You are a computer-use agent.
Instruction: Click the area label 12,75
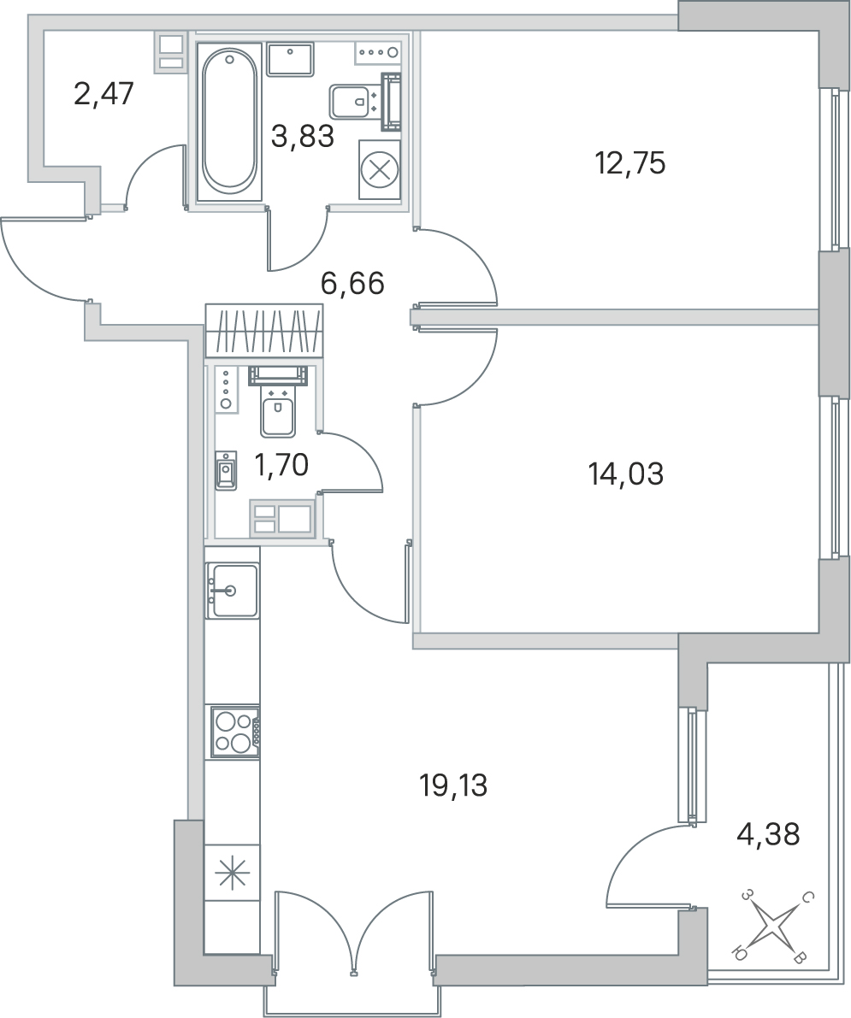tap(630, 163)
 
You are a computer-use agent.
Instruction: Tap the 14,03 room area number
tap(625, 474)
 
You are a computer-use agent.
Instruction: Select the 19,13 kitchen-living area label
tap(452, 786)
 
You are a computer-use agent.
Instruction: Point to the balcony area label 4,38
tap(768, 833)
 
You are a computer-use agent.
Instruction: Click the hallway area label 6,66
tap(352, 283)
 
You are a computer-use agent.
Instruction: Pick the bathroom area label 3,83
tap(302, 137)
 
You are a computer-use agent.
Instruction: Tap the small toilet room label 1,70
tap(281, 465)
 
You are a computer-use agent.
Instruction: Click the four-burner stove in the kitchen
tap(235, 731)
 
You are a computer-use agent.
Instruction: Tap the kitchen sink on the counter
tap(232, 590)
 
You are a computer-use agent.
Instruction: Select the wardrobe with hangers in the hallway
tap(264, 330)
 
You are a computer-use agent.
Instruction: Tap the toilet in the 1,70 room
tap(278, 403)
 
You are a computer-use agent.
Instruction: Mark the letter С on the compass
tap(807, 898)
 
